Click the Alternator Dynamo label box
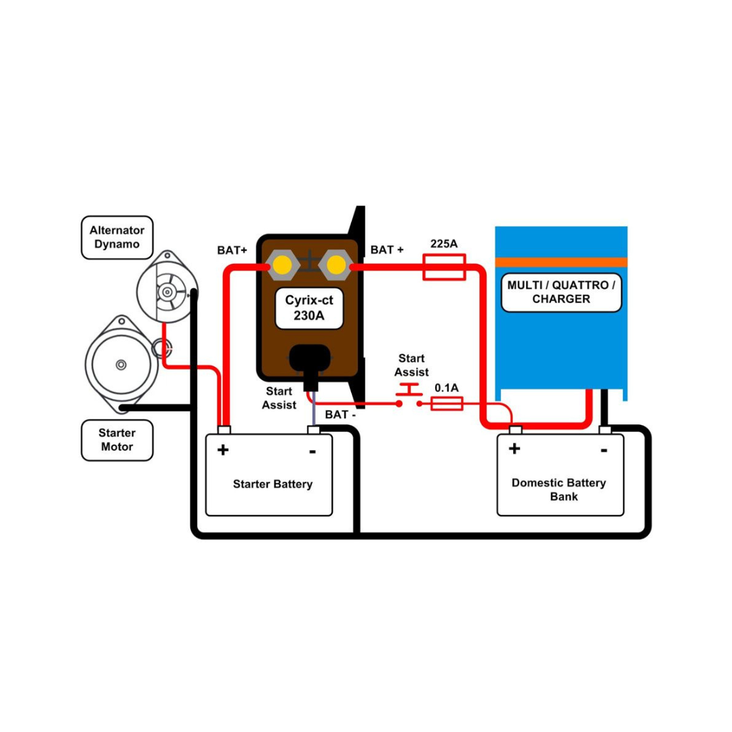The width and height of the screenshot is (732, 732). point(117,237)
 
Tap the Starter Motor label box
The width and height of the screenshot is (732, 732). point(117,441)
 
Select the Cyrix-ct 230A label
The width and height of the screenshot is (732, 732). point(309,308)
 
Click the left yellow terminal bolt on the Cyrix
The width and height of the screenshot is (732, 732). point(283,265)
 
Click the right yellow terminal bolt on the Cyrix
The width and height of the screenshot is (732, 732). point(336,265)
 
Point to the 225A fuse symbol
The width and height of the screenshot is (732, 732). point(444,267)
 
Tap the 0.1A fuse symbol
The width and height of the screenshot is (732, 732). point(447,403)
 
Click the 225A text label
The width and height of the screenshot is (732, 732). point(444,244)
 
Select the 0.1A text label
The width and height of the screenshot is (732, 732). point(447,388)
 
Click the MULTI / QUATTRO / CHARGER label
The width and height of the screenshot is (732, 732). point(561,292)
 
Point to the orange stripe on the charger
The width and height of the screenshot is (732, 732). point(561,262)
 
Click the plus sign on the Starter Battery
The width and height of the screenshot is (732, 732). point(223,450)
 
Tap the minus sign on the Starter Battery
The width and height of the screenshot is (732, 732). point(312,451)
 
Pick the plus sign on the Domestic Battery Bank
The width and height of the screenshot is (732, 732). point(514,449)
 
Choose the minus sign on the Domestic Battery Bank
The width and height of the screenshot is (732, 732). point(604,451)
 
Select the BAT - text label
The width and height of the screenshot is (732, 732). point(340,415)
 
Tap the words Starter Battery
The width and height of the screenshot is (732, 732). point(272,484)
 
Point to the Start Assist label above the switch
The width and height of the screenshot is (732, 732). point(411,365)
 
